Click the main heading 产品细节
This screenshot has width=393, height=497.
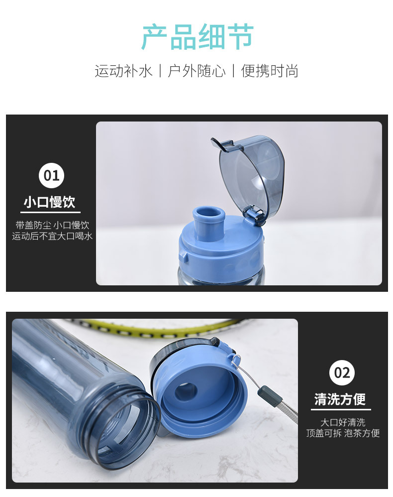tap(197, 37)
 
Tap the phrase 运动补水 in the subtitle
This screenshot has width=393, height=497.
tap(123, 71)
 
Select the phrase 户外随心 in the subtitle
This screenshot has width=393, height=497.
tap(196, 71)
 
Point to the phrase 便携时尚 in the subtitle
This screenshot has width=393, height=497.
tap(270, 71)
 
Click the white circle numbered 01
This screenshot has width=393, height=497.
tap(51, 175)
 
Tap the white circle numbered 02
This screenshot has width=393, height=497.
tap(342, 373)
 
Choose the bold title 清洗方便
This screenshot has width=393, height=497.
tap(340, 399)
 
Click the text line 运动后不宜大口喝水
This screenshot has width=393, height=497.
tap(52, 236)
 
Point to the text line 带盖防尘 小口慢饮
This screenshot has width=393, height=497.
tap(52, 225)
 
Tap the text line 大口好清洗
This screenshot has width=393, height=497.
tap(343, 422)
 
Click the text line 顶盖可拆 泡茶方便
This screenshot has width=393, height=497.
tap(343, 433)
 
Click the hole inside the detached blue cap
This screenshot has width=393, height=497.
tap(186, 391)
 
